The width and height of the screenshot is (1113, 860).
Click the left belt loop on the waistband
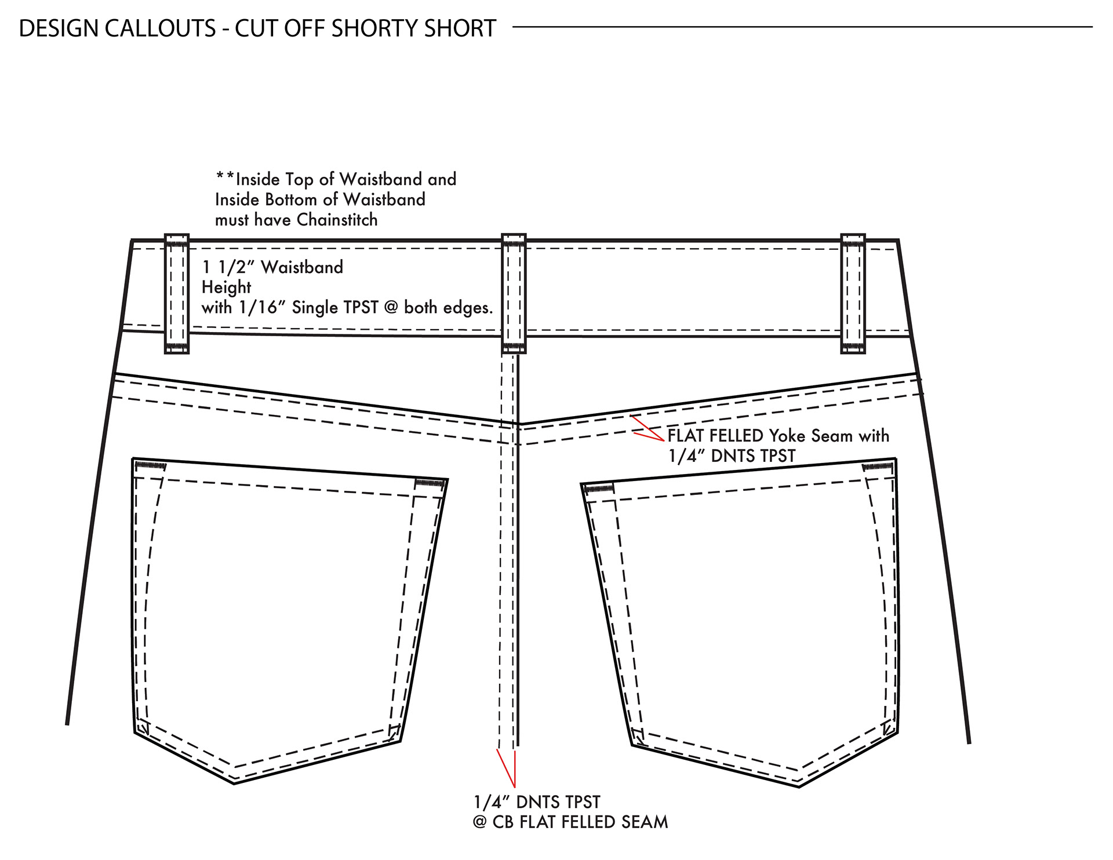coord(177,293)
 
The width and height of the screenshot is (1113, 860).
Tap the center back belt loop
coord(514,293)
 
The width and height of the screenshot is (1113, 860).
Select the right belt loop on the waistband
coord(853,293)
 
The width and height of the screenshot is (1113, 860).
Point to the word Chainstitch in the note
coord(337,220)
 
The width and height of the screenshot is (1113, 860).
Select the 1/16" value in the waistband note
coord(259,308)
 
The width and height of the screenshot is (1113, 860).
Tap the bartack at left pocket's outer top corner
coord(150,465)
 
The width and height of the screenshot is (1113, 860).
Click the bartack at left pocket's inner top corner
coord(430,483)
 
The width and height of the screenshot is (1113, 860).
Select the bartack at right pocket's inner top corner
coord(599,489)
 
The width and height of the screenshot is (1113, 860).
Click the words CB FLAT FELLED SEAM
coord(580,822)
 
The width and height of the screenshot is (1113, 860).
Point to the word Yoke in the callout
coord(787,436)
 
